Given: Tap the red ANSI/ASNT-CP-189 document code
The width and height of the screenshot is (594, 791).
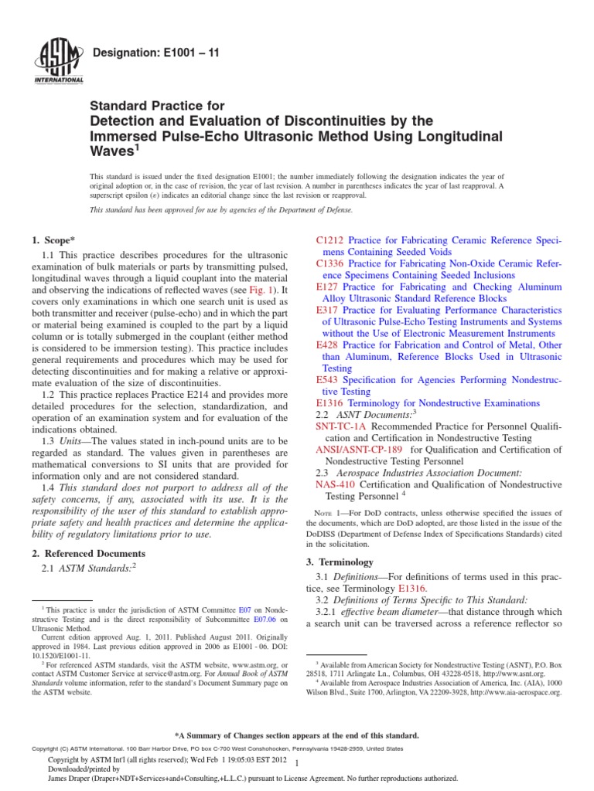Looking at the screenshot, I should (360, 450).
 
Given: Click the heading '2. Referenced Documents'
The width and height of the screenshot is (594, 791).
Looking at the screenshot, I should (87, 553).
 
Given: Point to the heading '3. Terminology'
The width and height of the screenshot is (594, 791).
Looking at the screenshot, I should (340, 562).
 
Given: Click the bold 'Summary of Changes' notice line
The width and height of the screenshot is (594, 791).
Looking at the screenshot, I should (297, 735).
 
